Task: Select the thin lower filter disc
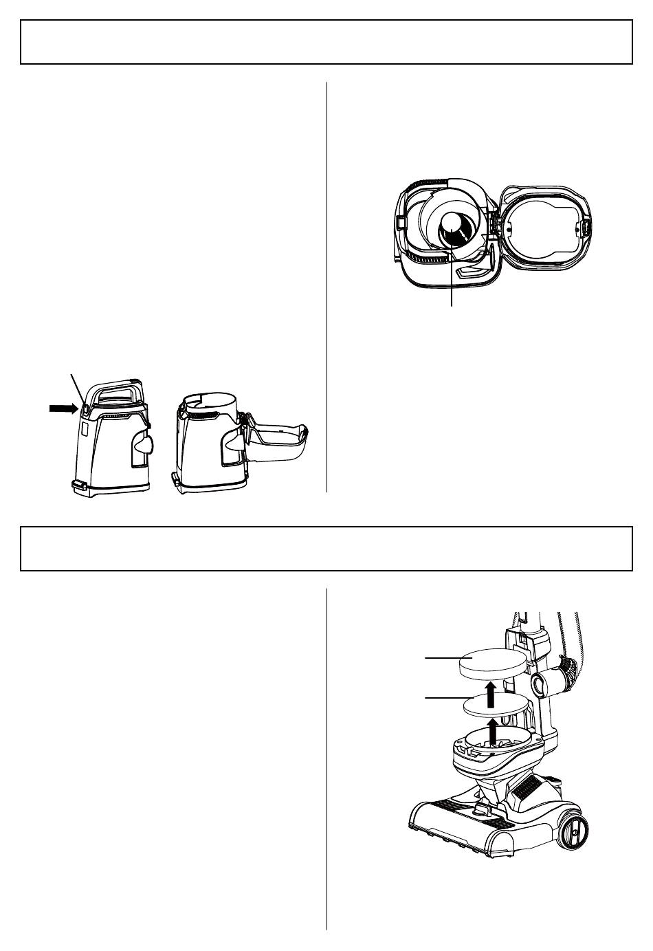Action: tap(496, 705)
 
